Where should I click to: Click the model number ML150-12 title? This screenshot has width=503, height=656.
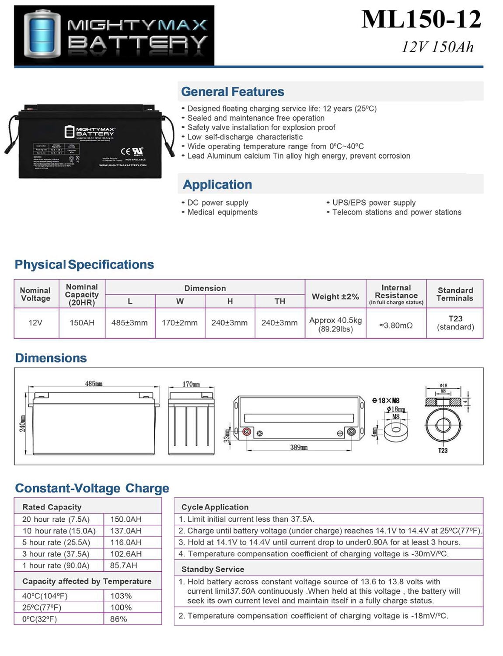(421, 20)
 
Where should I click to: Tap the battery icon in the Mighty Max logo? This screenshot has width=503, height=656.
(43, 35)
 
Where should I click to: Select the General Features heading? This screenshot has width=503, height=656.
(233, 92)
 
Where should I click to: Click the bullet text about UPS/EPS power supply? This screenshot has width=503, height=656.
(374, 202)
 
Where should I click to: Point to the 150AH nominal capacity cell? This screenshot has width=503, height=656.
(82, 323)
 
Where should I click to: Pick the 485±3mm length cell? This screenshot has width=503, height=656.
(129, 323)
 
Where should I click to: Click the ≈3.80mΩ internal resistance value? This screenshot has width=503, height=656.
(396, 325)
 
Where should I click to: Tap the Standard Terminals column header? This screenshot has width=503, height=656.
(455, 294)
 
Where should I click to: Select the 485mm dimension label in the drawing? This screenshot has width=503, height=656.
(94, 384)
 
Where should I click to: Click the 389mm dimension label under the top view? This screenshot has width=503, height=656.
(299, 447)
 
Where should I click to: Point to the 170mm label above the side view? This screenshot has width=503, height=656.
(191, 384)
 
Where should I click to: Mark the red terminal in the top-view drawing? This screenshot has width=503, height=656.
(247, 432)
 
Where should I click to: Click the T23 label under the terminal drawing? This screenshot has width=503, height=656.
(443, 450)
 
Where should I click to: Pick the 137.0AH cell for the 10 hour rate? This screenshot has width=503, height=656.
(126, 531)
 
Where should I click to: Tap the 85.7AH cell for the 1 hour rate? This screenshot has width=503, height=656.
(124, 565)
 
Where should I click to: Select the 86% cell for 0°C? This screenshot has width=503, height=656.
(119, 619)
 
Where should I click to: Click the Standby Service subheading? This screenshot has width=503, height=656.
(213, 569)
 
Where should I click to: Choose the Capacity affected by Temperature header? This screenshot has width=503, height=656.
(87, 581)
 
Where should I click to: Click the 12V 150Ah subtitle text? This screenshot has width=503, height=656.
(437, 47)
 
